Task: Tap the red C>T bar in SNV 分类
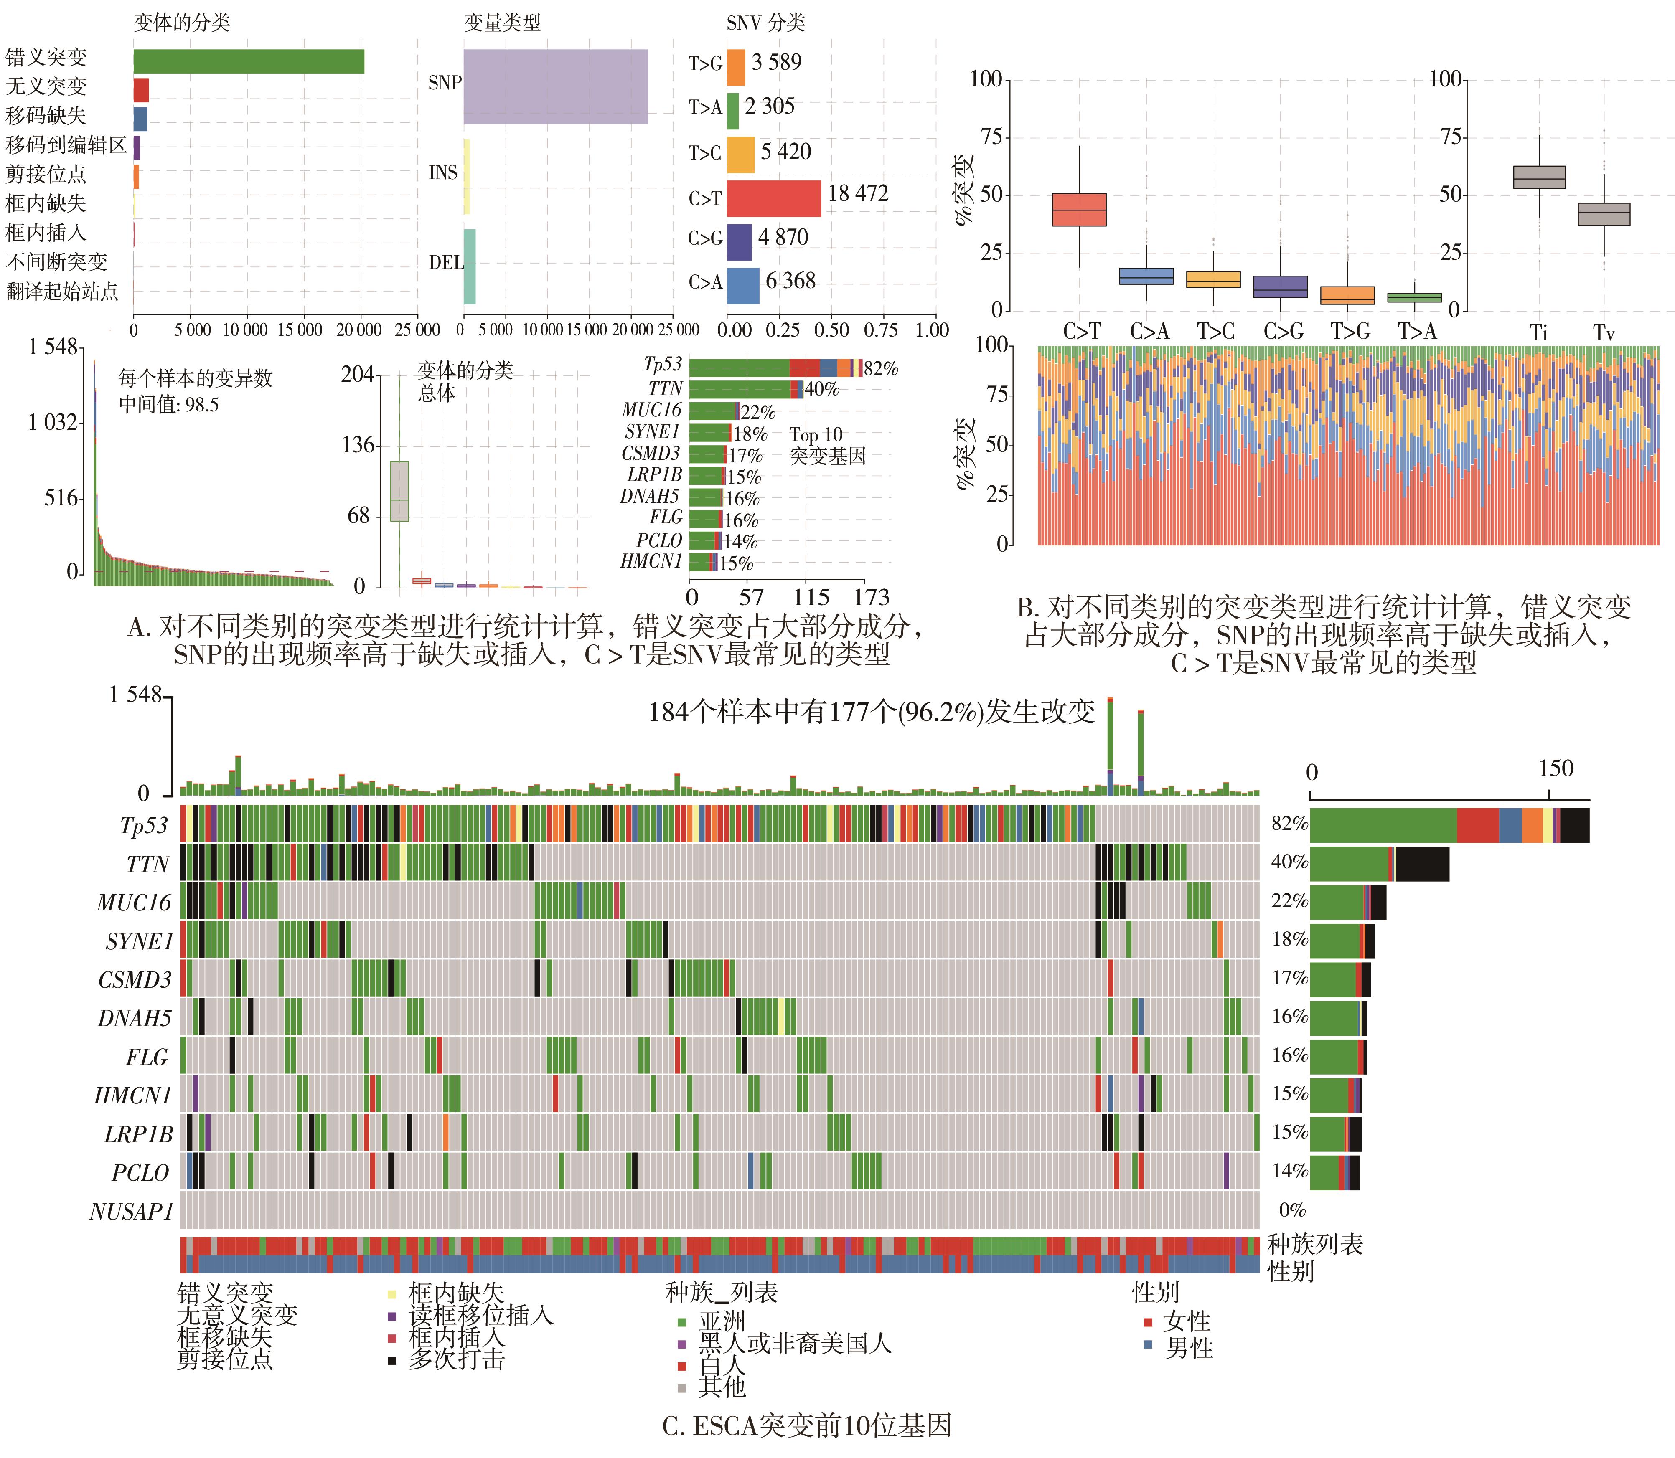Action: tap(773, 198)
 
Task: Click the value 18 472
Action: tap(858, 194)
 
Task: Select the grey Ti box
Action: tap(1538, 177)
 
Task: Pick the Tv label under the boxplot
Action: tap(1604, 333)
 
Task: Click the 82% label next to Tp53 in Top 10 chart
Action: tap(881, 368)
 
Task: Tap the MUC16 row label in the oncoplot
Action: tap(134, 902)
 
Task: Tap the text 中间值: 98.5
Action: tap(168, 404)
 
